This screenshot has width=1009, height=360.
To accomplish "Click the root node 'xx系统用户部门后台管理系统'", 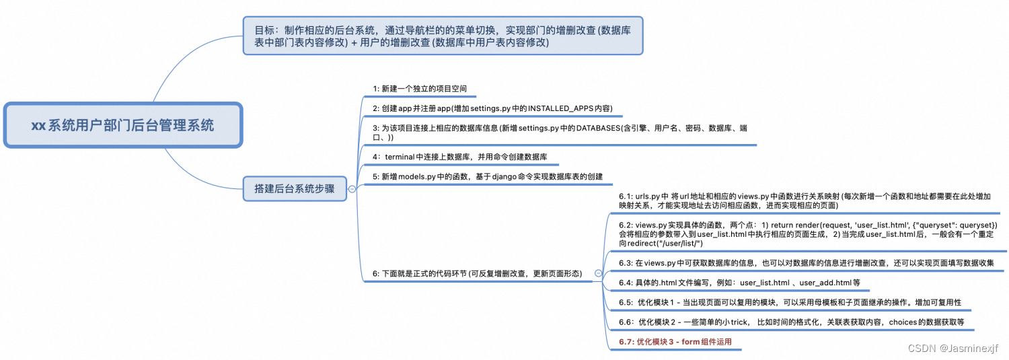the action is (122, 125).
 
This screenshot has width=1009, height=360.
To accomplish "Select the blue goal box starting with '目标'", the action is (443, 36).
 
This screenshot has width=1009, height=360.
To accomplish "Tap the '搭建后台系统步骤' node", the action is (294, 189).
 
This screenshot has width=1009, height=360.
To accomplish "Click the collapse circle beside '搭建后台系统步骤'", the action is (352, 190).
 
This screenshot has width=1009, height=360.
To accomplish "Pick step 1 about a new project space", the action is (420, 89).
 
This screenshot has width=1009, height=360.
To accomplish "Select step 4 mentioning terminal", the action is (460, 157).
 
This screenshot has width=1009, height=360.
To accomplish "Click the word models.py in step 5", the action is (419, 176).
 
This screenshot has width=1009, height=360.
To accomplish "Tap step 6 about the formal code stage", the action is (477, 273).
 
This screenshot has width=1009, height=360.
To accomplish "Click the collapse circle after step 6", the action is (598, 273).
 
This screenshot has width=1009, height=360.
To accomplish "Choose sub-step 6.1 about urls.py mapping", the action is (804, 201).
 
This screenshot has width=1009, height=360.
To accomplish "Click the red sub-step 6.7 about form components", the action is (675, 342).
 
